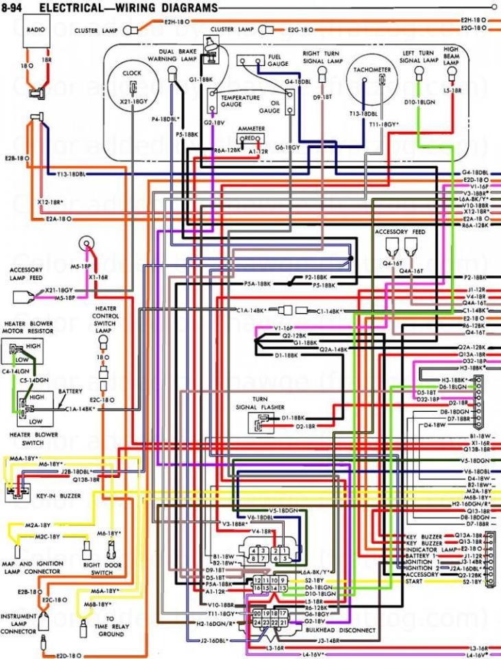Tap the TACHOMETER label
[373, 70]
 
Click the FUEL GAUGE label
[278, 59]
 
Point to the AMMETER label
[251, 128]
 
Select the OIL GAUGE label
[270, 107]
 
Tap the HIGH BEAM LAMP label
[451, 55]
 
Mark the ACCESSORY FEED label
[400, 232]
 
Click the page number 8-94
[15, 7]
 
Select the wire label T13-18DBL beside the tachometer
[363, 113]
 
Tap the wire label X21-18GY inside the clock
[135, 101]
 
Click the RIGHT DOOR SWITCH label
[97, 568]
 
